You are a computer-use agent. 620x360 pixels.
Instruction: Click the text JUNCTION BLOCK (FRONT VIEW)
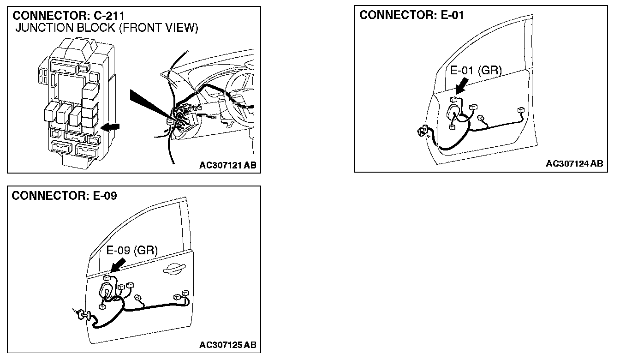pos(107,29)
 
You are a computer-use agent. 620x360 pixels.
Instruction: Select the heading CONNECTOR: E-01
pos(412,15)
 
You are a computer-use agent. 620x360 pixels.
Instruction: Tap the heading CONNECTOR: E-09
pos(65,196)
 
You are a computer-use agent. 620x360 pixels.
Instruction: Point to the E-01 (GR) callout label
pos(476,71)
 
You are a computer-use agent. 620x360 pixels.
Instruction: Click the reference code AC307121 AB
pos(228,165)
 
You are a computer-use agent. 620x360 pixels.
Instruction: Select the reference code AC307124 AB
pos(574,164)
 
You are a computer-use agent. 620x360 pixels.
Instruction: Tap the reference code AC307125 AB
pos(228,345)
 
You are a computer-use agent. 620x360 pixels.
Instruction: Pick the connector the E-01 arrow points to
pos(454,98)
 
